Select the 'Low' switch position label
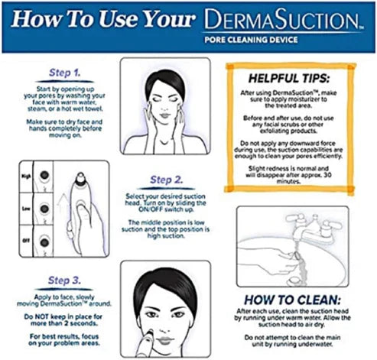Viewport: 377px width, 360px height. pyautogui.click(x=25, y=206)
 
